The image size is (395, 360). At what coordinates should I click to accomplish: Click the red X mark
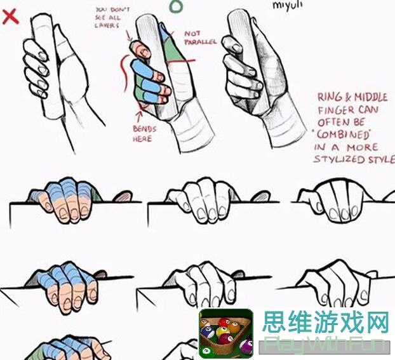click(10, 16)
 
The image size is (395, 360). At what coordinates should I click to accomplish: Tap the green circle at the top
click(176, 6)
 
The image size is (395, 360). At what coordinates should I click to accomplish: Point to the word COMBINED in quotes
click(341, 135)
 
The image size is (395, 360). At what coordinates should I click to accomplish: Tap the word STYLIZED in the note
click(340, 159)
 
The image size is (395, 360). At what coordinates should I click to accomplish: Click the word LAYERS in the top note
click(107, 25)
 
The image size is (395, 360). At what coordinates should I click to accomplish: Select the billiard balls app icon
click(225, 333)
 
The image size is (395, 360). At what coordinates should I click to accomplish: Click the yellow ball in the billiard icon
click(224, 323)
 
